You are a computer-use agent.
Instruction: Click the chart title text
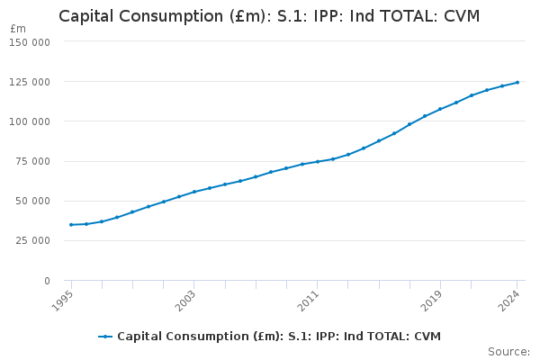(x=269, y=16)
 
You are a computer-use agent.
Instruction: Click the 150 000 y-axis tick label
(x=31, y=42)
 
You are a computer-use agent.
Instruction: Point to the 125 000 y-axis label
(x=31, y=82)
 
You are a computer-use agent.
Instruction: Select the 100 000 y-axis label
(x=31, y=121)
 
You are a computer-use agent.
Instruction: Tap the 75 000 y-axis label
(x=33, y=161)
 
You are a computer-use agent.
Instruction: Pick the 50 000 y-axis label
(x=33, y=201)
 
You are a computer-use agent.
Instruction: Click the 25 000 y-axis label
(x=33, y=240)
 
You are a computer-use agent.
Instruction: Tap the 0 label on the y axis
(x=47, y=281)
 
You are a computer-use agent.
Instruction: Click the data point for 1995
(x=71, y=225)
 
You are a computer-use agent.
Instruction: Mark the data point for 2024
(x=517, y=83)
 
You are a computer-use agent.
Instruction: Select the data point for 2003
(x=194, y=192)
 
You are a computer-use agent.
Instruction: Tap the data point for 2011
(x=318, y=162)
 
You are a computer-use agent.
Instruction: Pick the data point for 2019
(x=440, y=109)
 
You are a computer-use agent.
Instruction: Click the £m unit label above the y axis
(x=18, y=29)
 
